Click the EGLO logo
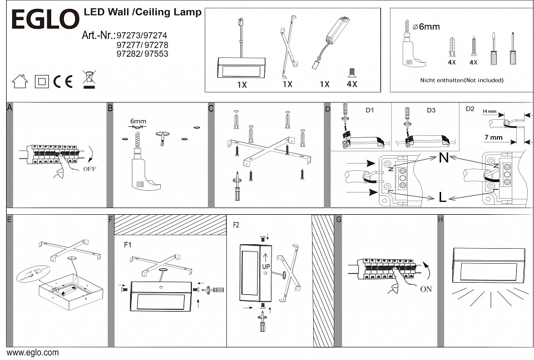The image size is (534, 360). [x=45, y=20]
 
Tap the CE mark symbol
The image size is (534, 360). [x=63, y=81]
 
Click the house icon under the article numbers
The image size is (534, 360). [x=20, y=81]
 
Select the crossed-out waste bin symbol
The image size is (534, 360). [x=88, y=80]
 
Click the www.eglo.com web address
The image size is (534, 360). [x=32, y=353]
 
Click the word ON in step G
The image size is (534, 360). [x=427, y=289]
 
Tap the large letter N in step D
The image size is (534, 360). [x=444, y=158]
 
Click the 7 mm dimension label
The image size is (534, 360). [x=493, y=137]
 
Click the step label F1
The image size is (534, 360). [x=128, y=244]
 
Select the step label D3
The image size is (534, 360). [x=431, y=110]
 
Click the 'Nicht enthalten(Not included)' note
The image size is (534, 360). [x=462, y=80]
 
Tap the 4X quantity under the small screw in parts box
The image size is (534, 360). [x=352, y=84]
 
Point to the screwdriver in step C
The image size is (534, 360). [x=237, y=186]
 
